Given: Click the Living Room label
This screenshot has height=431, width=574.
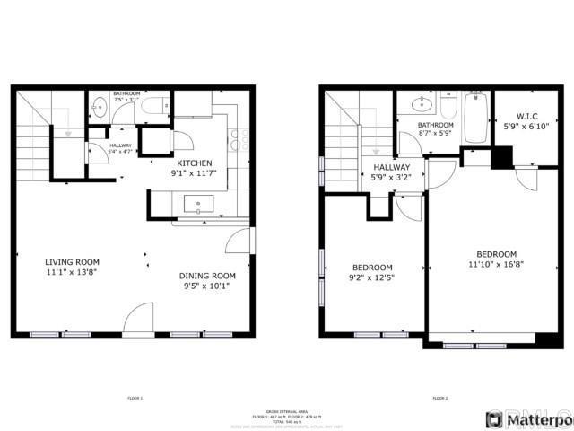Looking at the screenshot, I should click(73, 262).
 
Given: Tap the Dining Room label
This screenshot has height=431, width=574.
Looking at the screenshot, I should click(207, 276).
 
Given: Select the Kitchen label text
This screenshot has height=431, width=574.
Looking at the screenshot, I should click(195, 163).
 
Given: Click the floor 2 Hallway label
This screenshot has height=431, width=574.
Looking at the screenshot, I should click(391, 167).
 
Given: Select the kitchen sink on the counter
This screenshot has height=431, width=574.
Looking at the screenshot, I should click(197, 206).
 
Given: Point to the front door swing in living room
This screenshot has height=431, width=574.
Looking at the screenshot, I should click(139, 319).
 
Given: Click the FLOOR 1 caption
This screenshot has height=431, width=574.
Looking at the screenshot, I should click(135, 398).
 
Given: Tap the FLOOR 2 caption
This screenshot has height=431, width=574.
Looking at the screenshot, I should click(439, 398).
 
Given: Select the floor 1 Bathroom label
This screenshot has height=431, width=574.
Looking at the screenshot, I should click(126, 93).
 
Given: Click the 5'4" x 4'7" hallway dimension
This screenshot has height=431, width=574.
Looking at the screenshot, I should click(120, 152).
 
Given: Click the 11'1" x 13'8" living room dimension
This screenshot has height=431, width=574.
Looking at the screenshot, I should click(73, 272).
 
